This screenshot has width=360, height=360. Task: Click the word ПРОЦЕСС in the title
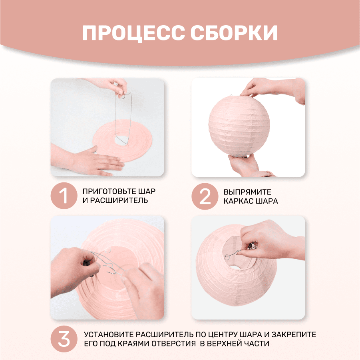[133, 33]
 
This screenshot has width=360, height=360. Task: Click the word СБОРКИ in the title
[234, 33]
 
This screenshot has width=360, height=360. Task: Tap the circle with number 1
[64, 196]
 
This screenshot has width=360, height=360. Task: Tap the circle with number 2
[205, 196]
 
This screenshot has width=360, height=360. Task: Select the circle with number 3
[64, 339]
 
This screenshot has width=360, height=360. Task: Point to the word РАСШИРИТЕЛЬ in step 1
[119, 200]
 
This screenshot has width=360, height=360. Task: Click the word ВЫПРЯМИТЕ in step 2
[247, 192]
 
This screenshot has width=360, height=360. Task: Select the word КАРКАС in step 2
[239, 201]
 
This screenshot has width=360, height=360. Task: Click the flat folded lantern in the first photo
[122, 141]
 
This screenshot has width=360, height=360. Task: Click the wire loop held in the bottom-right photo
[231, 255]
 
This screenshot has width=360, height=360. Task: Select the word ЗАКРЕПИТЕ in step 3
[294, 334]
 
